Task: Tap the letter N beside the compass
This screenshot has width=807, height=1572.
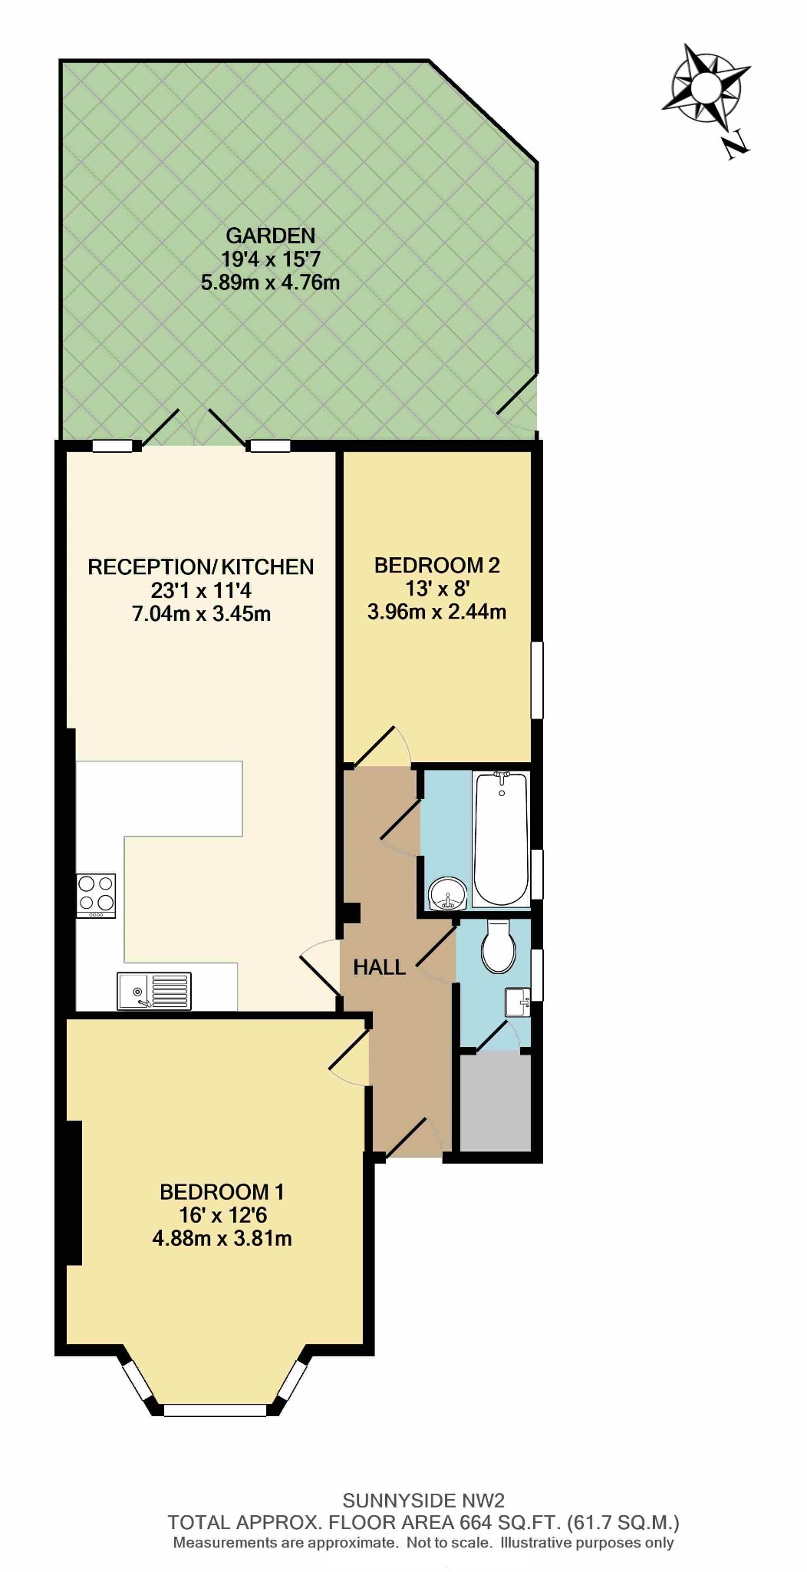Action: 736,143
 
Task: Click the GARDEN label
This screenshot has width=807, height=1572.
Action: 271,236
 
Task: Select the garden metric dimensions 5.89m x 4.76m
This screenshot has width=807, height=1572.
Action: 270,282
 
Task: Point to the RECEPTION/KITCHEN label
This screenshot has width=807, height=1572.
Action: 201,567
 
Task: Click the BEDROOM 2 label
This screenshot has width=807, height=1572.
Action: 437,566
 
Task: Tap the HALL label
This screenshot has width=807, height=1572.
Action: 380,968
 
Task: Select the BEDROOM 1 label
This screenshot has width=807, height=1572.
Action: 222,1192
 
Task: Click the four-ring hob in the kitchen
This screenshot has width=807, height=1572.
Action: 96,896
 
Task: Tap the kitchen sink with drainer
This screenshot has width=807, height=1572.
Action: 154,991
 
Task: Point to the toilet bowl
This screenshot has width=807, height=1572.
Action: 498,947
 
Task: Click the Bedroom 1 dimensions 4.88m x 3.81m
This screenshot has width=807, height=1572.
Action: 222,1238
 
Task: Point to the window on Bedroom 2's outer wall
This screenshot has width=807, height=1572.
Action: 538,680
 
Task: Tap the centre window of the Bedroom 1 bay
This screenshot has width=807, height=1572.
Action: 215,1410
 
